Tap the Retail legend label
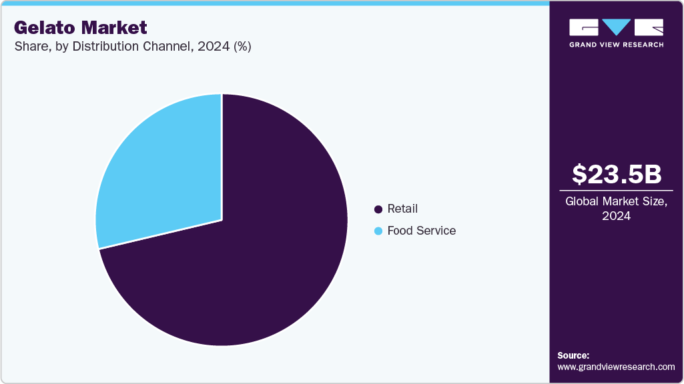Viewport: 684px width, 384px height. click(x=402, y=209)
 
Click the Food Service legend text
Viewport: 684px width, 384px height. click(x=421, y=231)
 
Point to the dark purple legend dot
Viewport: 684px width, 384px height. click(x=378, y=209)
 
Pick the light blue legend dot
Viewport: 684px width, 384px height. click(x=378, y=231)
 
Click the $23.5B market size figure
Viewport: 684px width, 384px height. click(x=617, y=174)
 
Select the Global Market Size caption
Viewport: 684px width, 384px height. click(x=617, y=201)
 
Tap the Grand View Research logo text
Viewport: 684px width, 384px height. click(x=617, y=45)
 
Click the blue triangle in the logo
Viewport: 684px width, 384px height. click(x=617, y=27)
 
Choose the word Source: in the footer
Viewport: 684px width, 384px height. click(x=573, y=355)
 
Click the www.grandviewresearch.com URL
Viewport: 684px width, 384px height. click(x=616, y=367)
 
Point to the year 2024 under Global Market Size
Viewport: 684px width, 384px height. click(x=617, y=216)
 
